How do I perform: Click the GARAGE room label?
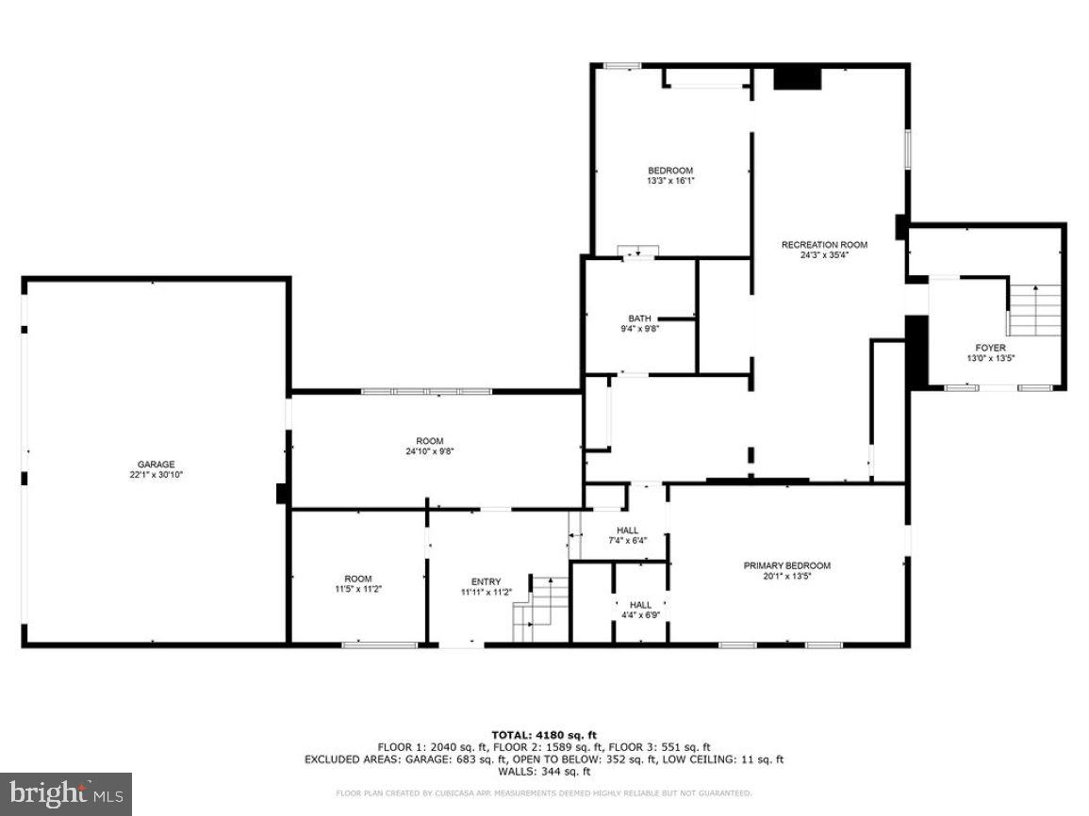point(157,465)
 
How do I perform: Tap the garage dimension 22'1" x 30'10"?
point(157,476)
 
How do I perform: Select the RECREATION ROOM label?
point(824,245)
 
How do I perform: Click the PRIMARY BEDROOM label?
point(787,565)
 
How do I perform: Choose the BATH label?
point(639,318)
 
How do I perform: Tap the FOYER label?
point(990,348)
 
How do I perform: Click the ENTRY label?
point(487,581)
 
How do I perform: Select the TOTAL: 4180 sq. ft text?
point(544,735)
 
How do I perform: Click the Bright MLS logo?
point(66,794)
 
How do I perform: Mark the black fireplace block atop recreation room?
point(797,78)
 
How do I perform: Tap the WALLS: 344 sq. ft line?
point(544,771)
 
